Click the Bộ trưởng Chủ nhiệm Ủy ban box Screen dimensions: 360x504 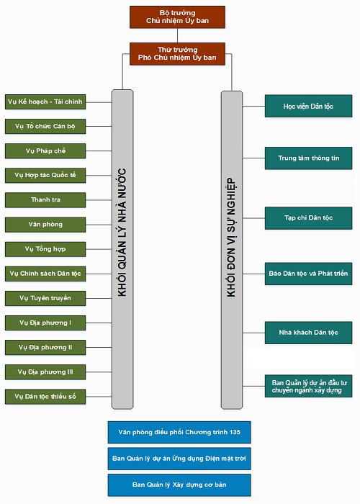[x=177, y=17]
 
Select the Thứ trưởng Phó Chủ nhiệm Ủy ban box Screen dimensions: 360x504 [x=177, y=54]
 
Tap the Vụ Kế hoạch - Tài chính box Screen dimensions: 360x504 [x=45, y=102]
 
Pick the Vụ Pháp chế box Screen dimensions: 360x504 [x=45, y=151]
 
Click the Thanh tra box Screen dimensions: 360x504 [x=45, y=200]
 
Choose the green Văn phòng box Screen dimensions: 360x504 [x=45, y=225]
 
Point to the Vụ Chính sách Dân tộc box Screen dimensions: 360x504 [x=45, y=274]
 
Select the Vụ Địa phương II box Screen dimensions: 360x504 [x=45, y=348]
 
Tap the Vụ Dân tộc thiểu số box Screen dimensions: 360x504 [x=45, y=397]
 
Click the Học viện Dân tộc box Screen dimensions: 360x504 [x=309, y=106]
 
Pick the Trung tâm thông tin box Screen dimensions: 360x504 [x=309, y=158]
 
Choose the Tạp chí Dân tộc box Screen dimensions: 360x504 [x=309, y=218]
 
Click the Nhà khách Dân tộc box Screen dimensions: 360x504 [x=309, y=333]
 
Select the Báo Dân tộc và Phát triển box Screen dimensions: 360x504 [x=309, y=274]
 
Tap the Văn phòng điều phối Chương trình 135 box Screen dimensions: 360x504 [x=179, y=432]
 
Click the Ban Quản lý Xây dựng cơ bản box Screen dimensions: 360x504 [x=179, y=485]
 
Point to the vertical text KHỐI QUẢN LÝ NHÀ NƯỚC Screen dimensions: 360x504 [x=122, y=233]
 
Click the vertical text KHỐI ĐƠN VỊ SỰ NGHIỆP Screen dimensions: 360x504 [x=231, y=238]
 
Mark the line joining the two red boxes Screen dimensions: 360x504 [x=177, y=36]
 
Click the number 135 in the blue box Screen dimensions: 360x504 [x=235, y=432]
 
